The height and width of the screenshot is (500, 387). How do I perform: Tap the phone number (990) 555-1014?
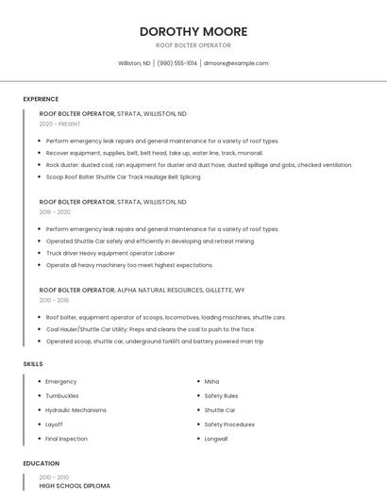pos(177,63)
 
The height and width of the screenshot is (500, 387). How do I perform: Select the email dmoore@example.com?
pos(236,63)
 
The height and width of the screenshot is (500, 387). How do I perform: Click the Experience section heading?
pos(41,99)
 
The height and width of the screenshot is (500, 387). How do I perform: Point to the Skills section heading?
pos(33,363)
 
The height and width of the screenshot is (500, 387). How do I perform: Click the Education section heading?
pos(42,463)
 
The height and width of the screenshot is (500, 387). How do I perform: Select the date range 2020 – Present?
pos(60,124)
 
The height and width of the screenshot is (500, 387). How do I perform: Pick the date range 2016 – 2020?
pos(55,212)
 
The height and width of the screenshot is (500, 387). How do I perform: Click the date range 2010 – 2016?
pos(54,300)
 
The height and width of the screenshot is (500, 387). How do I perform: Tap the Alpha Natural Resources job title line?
pos(142,290)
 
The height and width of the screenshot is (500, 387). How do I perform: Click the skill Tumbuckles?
pos(62,396)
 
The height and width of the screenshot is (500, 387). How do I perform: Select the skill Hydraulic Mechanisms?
pos(76,410)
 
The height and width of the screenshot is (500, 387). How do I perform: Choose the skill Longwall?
pos(216,439)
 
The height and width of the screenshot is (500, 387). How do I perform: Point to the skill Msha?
pos(211,381)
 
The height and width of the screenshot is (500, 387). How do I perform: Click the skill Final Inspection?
pos(66,439)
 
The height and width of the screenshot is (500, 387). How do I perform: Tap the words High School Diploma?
pos(75,485)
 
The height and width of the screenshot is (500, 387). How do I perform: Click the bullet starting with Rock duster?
pos(198,164)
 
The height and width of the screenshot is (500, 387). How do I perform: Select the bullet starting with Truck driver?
pos(110,253)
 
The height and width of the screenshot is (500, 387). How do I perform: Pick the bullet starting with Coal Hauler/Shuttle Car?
pos(150,329)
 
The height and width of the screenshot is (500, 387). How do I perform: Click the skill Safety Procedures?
pos(229,425)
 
